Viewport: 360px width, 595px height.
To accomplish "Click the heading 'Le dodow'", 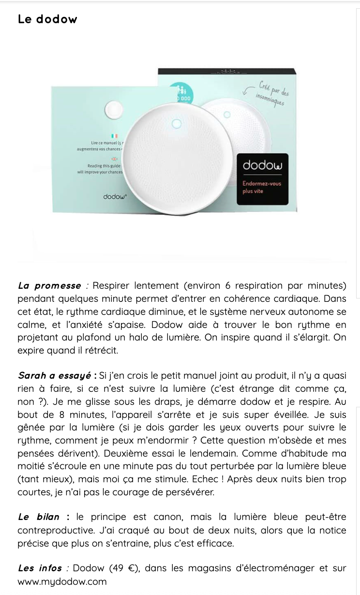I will (x=47, y=19).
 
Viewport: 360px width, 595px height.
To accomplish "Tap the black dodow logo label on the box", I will (x=262, y=165).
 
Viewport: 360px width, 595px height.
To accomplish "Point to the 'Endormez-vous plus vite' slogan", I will (x=262, y=188).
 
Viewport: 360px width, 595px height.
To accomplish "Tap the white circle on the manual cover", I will (x=114, y=108).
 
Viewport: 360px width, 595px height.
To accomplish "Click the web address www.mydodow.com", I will (x=62, y=581).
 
